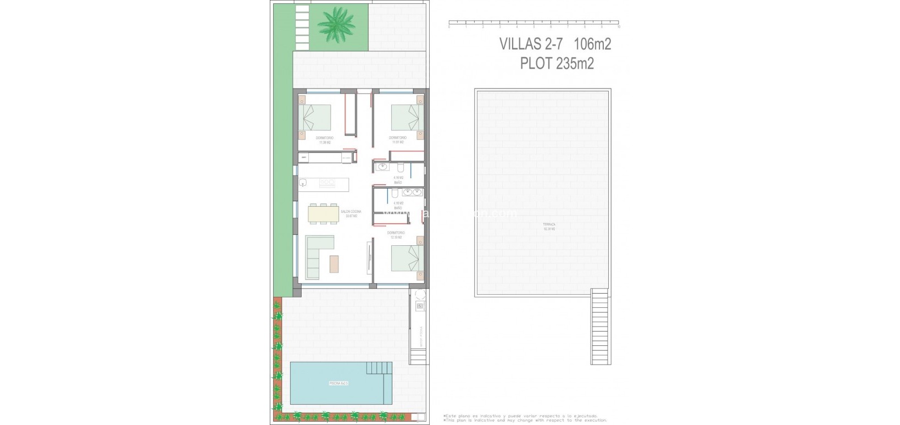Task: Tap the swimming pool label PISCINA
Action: (338, 383)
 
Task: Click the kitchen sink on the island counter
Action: (303, 183)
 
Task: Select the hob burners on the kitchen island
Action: (327, 183)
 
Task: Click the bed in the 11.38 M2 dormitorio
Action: (316, 118)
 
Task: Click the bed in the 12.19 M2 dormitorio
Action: (407, 257)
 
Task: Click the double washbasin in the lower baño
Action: (412, 192)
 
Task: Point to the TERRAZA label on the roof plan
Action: (549, 225)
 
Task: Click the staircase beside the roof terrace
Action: (600, 328)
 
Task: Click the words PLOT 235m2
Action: (557, 64)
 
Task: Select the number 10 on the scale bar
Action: (619, 26)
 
